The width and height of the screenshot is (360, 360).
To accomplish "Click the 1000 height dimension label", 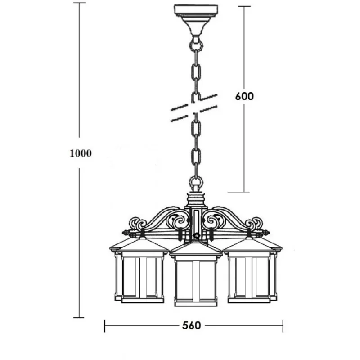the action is point(81,153).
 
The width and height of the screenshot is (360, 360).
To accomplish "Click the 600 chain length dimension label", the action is point(244,96).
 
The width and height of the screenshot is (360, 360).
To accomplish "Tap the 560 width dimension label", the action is point(192,325).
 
